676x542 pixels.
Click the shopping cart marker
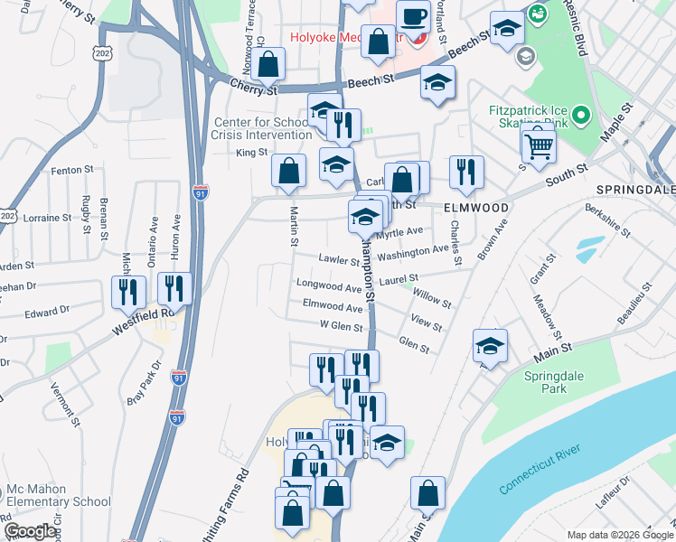539,144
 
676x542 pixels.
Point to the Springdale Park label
557,382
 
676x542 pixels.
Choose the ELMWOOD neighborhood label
476,208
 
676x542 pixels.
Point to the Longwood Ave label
329,285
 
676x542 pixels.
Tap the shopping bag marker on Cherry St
268,63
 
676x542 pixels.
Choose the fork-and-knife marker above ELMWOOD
466,172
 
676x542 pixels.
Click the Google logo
30,531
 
